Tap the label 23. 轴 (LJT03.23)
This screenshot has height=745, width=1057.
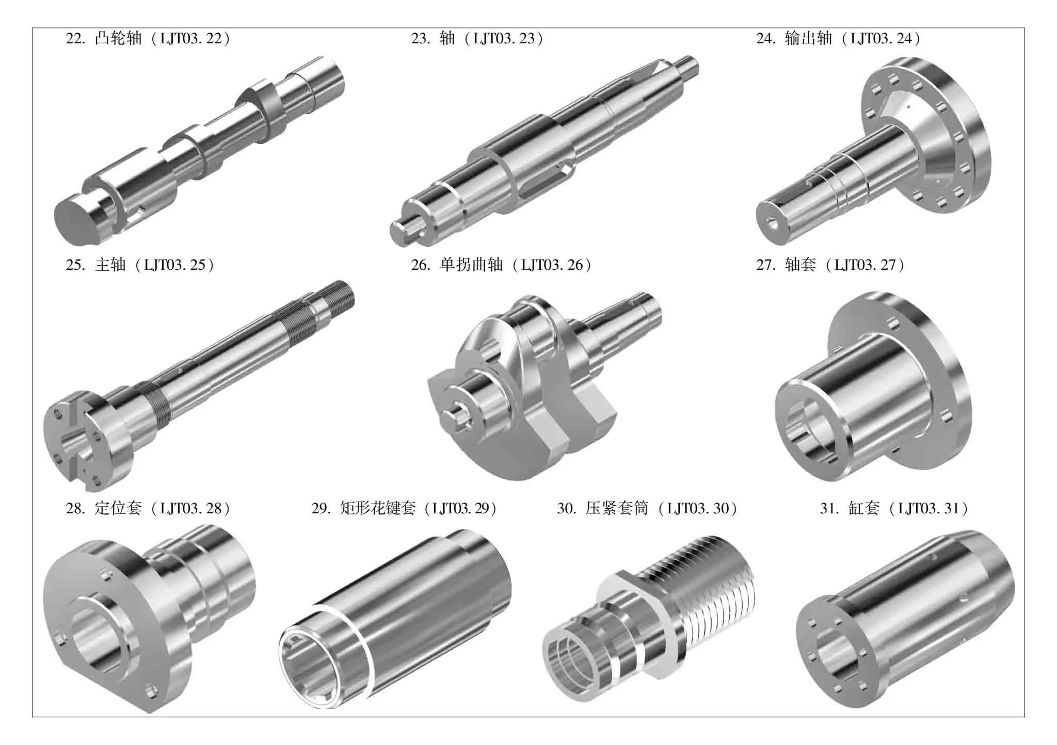tap(477, 39)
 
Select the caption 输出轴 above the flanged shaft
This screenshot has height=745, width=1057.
tap(808, 39)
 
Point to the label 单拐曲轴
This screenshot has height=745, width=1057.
tap(471, 265)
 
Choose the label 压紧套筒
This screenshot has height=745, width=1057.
tap(617, 508)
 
